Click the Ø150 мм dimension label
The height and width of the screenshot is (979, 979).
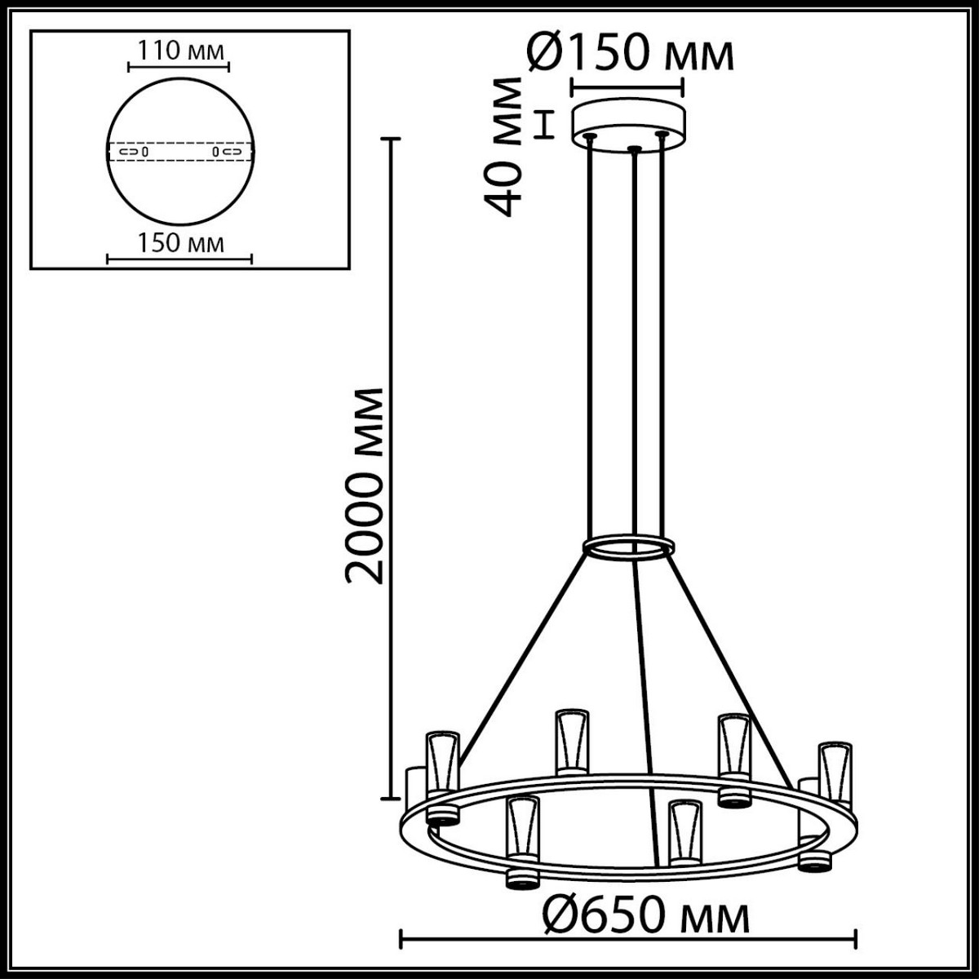(x=630, y=53)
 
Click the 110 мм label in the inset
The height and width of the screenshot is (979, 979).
(x=179, y=51)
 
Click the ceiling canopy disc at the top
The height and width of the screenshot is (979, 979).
(x=628, y=122)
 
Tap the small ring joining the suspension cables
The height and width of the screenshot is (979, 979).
(x=628, y=547)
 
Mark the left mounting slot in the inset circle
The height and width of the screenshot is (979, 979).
(x=133, y=152)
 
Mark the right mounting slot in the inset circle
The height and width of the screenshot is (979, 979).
(x=226, y=152)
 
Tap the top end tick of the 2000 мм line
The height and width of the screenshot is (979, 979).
(x=392, y=140)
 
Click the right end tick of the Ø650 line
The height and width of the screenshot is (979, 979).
(x=855, y=939)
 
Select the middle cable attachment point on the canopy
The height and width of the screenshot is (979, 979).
(x=634, y=149)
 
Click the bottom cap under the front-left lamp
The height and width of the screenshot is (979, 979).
(x=522, y=879)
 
